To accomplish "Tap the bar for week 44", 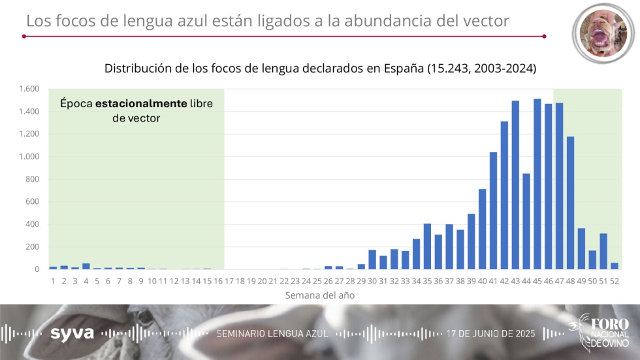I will pos(526,221).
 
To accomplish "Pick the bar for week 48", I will pos(570,203).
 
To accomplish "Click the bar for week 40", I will pos(482,229).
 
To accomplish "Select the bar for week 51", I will pos(603,251).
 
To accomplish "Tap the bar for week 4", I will pos(86,266).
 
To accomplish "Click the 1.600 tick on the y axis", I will pos(30,89).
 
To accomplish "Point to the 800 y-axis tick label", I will pos(33,179).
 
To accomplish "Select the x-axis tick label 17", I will pos(229,280).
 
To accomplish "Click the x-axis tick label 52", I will pos(615,280).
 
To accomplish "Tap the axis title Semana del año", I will pos(320,295).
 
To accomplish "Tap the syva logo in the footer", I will pos(72,333).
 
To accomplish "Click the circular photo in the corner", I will pos(604,34).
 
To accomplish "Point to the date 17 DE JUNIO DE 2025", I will pos(490,333).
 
